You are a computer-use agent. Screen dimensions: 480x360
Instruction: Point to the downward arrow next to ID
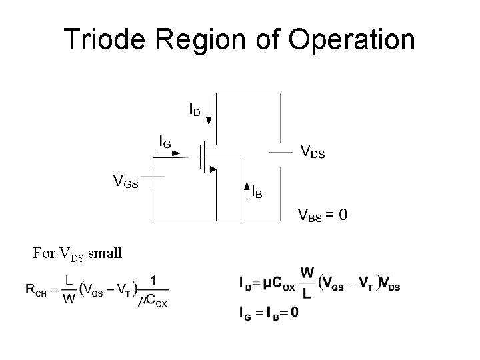[209, 112]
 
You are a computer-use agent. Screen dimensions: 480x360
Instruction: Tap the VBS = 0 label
[321, 215]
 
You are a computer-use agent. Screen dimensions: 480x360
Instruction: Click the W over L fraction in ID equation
[307, 283]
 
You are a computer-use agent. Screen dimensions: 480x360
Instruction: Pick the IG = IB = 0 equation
[268, 311]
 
